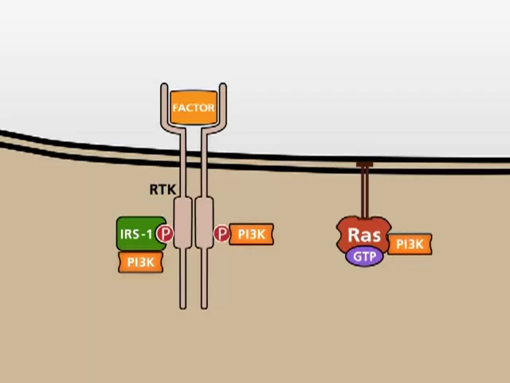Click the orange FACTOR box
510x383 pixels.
[194, 108]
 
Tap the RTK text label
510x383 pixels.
[162, 190]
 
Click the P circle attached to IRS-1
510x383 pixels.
[165, 234]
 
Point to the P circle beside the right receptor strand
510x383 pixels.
[222, 234]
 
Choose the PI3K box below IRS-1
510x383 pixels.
[141, 262]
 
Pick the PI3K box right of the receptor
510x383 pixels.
[251, 234]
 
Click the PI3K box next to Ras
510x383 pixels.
[410, 244]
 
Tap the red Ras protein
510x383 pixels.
[364, 234]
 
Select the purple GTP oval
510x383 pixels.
[364, 256]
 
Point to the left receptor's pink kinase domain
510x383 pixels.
[183, 223]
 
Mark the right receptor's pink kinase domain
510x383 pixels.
[204, 223]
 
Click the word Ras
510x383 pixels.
[364, 235]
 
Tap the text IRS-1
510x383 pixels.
[135, 235]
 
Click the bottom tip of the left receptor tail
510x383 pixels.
[183, 306]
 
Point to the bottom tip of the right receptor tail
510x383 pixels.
[204, 306]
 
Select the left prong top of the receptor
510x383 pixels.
[164, 86]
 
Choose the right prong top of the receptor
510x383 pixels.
[223, 86]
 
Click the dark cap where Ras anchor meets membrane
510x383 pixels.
[364, 165]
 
